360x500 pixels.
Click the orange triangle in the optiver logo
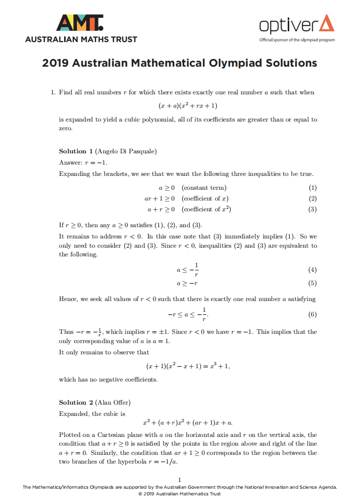click(326, 23)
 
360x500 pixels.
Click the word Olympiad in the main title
click(234, 63)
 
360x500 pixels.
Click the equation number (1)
click(312, 188)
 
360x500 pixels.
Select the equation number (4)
click(312, 270)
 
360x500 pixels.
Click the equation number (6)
click(312, 314)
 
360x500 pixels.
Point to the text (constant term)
click(204, 188)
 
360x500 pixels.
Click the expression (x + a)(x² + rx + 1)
click(188, 106)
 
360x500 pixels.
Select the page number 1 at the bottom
click(179, 480)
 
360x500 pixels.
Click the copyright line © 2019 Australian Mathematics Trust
click(179, 493)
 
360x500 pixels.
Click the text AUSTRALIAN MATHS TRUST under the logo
click(81, 39)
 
